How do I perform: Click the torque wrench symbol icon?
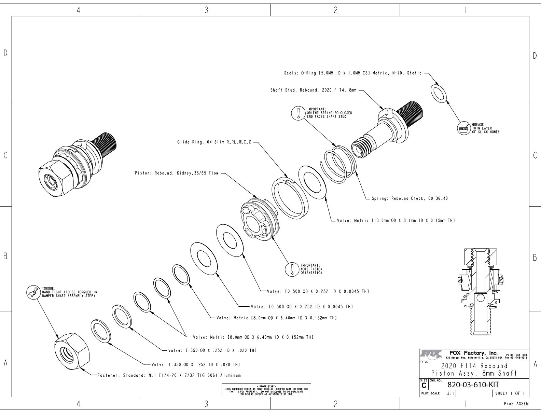pyautogui.click(x=33, y=292)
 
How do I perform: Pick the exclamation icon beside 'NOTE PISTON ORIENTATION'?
pyautogui.click(x=292, y=268)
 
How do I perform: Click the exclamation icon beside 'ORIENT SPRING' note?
pyautogui.click(x=299, y=112)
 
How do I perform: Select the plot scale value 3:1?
pyautogui.click(x=450, y=393)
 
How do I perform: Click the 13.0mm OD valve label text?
pyautogui.click(x=396, y=221)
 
